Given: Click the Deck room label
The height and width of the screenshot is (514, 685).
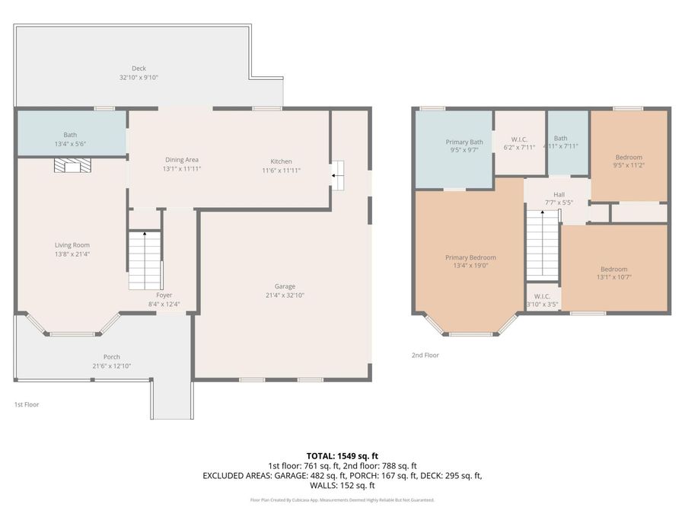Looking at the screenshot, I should click(x=139, y=69).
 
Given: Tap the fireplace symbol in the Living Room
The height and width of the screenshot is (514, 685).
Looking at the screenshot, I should click(x=71, y=167).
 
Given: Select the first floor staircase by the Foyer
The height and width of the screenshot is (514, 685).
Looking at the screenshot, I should click(x=145, y=260).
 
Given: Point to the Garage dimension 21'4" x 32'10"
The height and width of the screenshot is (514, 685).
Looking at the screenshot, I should click(x=285, y=295).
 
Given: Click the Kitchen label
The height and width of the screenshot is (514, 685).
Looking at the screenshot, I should click(x=281, y=161).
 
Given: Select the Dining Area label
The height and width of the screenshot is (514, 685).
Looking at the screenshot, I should click(x=182, y=159).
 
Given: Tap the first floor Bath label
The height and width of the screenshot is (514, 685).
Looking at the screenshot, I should click(x=70, y=135).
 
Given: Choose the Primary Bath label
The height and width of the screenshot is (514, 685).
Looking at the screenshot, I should click(x=464, y=142).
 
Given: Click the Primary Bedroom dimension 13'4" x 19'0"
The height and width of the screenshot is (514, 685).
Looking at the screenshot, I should click(x=470, y=267).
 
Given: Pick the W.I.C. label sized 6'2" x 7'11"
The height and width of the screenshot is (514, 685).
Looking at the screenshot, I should click(x=520, y=139).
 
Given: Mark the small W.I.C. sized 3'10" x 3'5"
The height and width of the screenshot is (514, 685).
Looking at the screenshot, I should click(x=543, y=296).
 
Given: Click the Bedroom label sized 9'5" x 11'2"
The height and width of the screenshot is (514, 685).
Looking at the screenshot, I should click(x=629, y=157).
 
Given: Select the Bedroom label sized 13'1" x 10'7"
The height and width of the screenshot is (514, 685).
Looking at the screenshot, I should click(x=613, y=269).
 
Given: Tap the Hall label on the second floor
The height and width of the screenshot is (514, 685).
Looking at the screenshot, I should click(x=559, y=194).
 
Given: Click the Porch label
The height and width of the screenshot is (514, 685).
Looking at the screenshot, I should click(x=112, y=357).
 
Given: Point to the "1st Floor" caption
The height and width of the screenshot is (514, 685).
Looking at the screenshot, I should click(x=27, y=404).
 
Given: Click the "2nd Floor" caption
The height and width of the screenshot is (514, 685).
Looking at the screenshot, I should click(x=425, y=355).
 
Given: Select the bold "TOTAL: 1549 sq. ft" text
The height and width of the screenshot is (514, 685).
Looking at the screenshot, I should click(x=342, y=455).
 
